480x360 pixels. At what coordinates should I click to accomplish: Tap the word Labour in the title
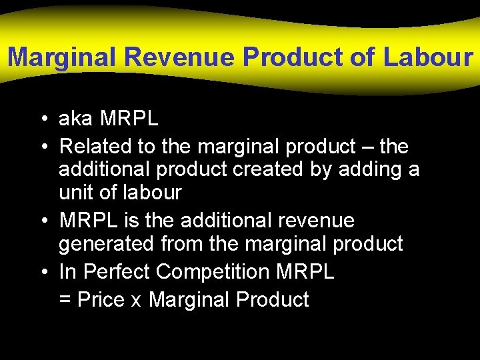428,57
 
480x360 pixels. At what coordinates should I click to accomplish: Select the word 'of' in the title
363,57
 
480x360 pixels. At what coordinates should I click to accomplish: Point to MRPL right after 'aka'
129,119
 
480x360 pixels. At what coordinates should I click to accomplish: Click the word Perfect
114,272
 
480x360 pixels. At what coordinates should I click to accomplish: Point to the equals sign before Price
65,300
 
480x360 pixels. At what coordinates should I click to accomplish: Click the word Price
101,300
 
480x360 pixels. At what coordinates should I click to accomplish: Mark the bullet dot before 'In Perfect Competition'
43,272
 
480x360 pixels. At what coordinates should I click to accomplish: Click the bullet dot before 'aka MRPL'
43,120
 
